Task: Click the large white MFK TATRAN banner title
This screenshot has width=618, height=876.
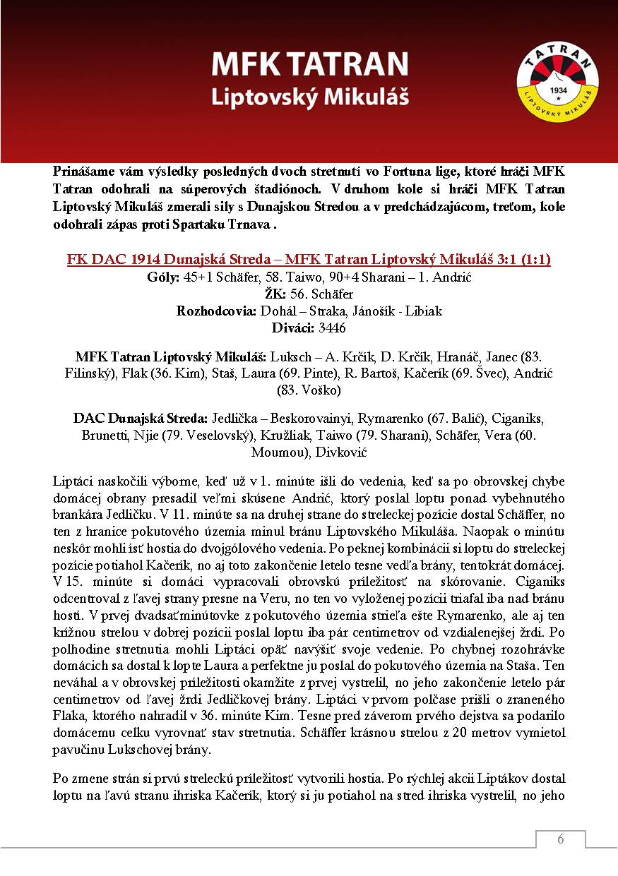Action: [x=309, y=65]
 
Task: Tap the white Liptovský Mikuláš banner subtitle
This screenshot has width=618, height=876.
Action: [x=309, y=97]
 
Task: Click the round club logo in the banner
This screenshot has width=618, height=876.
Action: [x=557, y=81]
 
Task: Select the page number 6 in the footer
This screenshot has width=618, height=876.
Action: [x=561, y=839]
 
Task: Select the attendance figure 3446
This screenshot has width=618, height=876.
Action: [x=332, y=328]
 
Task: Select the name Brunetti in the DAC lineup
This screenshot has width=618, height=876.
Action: [x=105, y=435]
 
